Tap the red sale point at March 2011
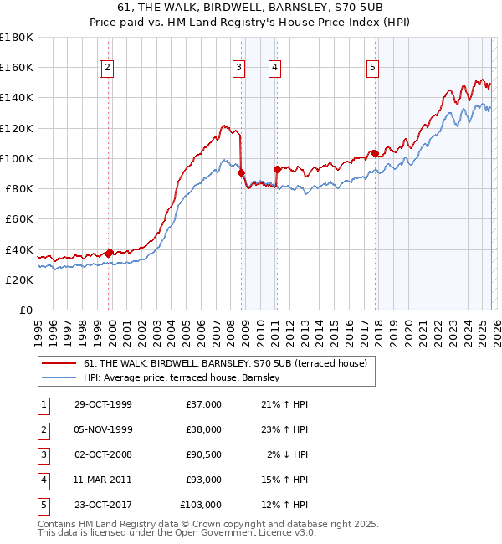click(277, 170)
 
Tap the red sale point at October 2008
click(241, 173)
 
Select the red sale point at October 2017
click(375, 154)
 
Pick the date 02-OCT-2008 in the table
click(102, 454)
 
